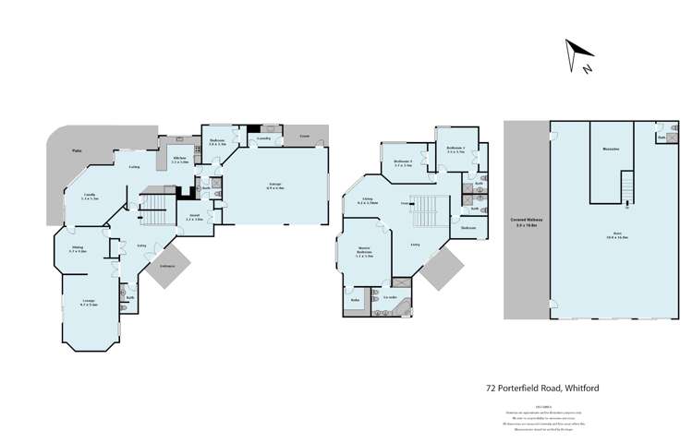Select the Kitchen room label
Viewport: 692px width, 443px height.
180,159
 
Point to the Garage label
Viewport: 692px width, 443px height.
275,186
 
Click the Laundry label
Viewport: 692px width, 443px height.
263,137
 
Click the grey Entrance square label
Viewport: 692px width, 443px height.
168,266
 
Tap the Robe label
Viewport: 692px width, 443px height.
355,300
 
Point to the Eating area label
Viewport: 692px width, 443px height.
135,167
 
